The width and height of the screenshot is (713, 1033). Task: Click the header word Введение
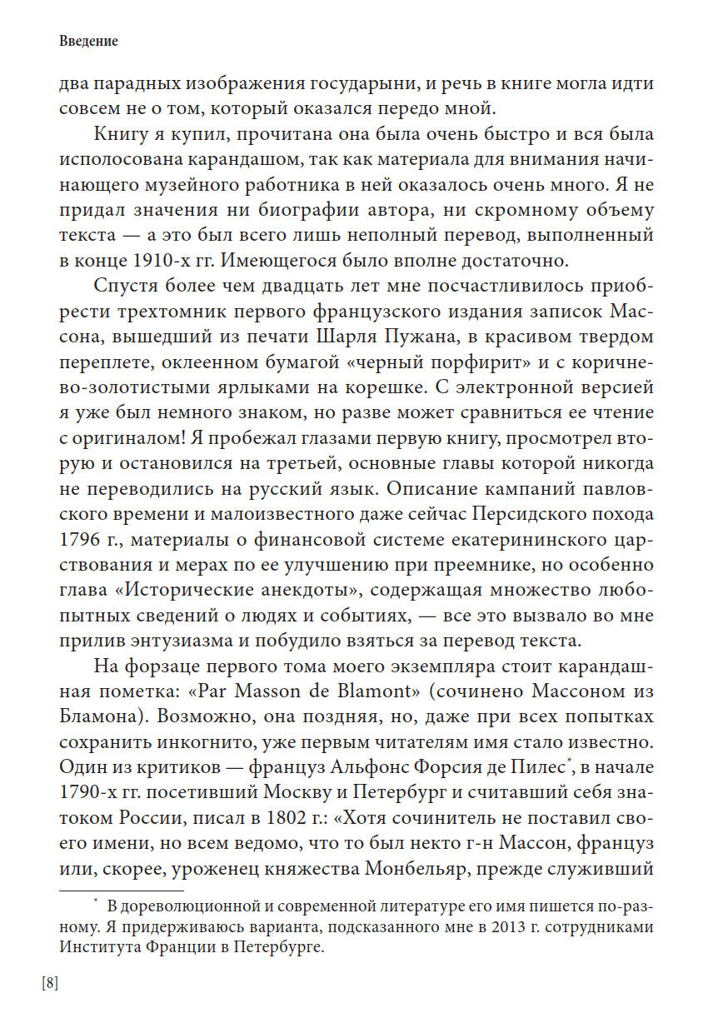[88, 41]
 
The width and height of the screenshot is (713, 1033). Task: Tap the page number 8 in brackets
[50, 983]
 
